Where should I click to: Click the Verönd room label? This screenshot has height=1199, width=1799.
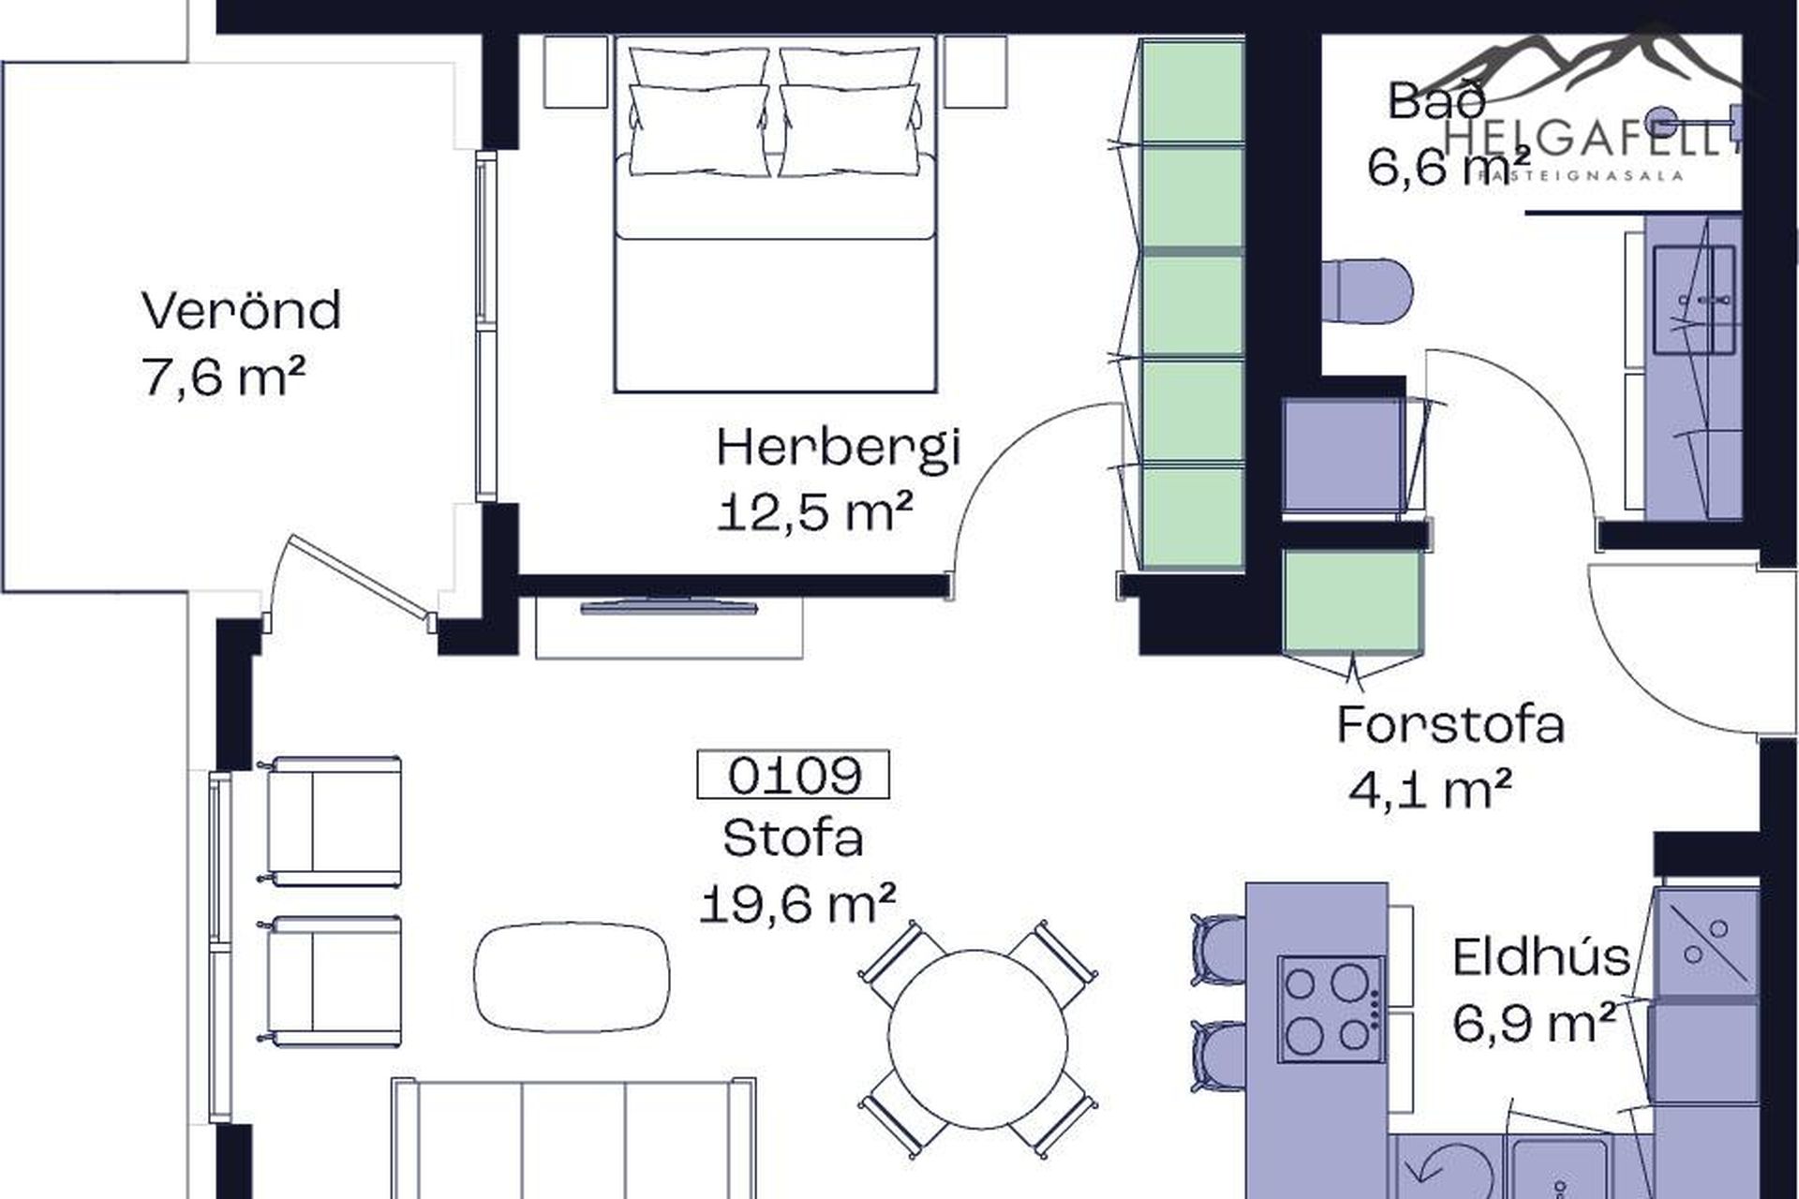pyautogui.click(x=242, y=310)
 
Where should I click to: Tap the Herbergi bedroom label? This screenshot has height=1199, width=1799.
pyautogui.click(x=839, y=448)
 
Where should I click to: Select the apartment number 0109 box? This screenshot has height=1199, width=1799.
pyautogui.click(x=794, y=775)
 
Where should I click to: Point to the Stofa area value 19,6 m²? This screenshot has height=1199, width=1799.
pyautogui.click(x=797, y=903)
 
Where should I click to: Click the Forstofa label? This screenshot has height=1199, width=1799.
pyautogui.click(x=1450, y=724)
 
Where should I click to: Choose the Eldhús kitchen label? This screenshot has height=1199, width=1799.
pyautogui.click(x=1541, y=957)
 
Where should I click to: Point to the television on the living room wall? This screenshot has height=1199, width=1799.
pyautogui.click(x=669, y=608)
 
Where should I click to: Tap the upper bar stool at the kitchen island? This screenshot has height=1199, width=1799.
pyautogui.click(x=1217, y=950)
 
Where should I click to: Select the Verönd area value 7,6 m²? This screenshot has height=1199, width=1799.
pyautogui.click(x=224, y=377)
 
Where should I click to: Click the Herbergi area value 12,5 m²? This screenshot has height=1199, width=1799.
pyautogui.click(x=814, y=513)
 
